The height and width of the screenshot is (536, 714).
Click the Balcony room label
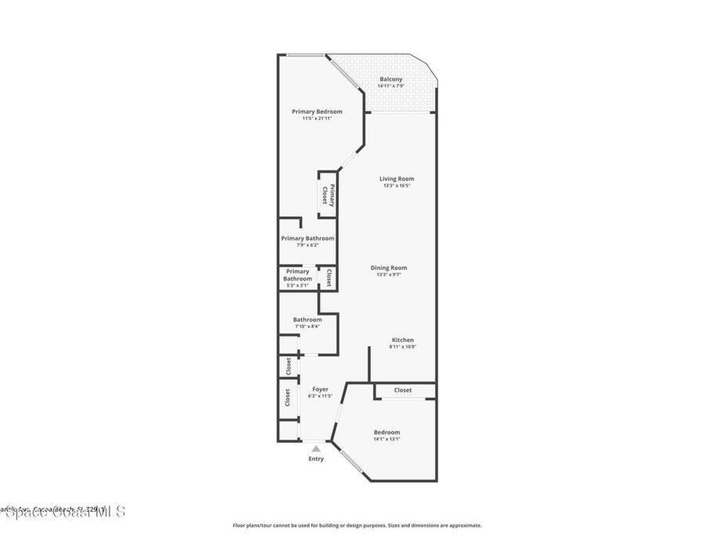pyautogui.click(x=390, y=80)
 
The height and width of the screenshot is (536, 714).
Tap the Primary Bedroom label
pyautogui.click(x=317, y=112)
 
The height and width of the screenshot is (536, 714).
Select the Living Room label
pyautogui.click(x=396, y=179)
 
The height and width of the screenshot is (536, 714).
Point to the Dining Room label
pyautogui.click(x=388, y=268)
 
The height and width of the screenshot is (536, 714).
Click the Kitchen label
pyautogui.click(x=402, y=340)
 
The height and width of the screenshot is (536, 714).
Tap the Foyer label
pyautogui.click(x=320, y=389)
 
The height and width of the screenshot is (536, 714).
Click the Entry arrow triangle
pyautogui.click(x=316, y=449)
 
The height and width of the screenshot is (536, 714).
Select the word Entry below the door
pyautogui.click(x=316, y=459)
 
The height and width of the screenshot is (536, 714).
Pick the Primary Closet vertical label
pyautogui.click(x=328, y=195)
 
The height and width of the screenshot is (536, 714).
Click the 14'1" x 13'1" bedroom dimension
pyautogui.click(x=386, y=439)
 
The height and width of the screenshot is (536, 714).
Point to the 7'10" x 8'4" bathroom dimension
pyautogui.click(x=307, y=326)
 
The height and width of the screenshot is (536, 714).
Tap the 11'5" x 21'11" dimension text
pyautogui.click(x=317, y=119)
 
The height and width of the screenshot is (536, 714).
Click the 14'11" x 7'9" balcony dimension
pyautogui.click(x=390, y=87)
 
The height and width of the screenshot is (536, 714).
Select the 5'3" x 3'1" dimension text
pyautogui.click(x=297, y=285)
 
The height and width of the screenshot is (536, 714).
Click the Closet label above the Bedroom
pyautogui.click(x=403, y=390)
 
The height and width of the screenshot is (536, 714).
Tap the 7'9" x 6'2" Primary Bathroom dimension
pyautogui.click(x=307, y=245)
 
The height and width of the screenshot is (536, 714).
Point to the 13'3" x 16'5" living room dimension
pyautogui.click(x=396, y=186)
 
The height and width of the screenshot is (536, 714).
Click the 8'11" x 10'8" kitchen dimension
pyautogui.click(x=402, y=347)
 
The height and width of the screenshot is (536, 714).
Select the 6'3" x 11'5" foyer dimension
pyautogui.click(x=320, y=396)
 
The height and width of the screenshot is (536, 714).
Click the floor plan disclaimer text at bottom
pyautogui.click(x=356, y=526)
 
